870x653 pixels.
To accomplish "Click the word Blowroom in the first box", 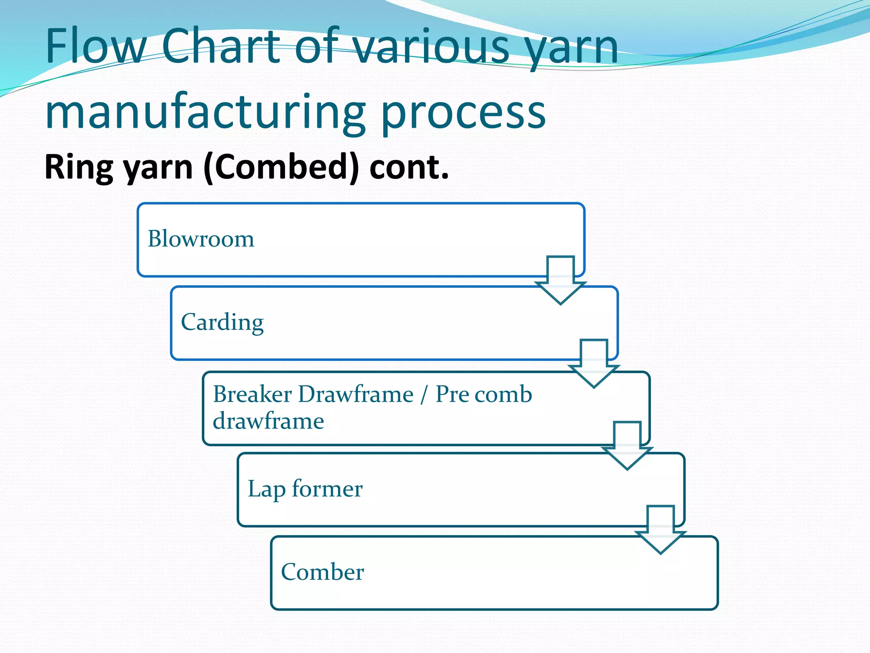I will click(201, 239).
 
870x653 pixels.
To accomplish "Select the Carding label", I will click(222, 322).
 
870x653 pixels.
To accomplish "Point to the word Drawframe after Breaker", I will click(356, 394).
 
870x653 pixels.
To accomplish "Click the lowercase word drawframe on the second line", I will click(268, 421).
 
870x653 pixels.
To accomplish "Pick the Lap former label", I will click(305, 489).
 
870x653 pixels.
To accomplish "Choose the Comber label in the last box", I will click(322, 572).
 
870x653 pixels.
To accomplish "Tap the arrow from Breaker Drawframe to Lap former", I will click(627, 445).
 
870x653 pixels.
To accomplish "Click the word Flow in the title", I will click(96, 46).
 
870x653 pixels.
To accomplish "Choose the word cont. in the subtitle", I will click(409, 168).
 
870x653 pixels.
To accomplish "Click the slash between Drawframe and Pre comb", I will click(424, 394).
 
